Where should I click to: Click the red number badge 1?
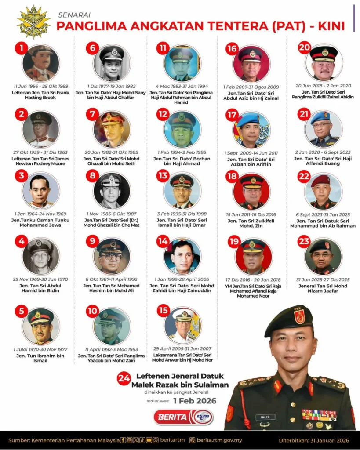click(21, 48)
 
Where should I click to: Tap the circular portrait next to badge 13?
click(182, 190)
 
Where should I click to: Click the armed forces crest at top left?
click(33, 22)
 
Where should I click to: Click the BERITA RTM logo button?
click(183, 417)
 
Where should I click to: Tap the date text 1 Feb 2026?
click(194, 401)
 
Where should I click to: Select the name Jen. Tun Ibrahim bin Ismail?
click(40, 359)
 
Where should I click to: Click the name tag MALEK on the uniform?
click(265, 417)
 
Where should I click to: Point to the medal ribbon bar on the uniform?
click(319, 415)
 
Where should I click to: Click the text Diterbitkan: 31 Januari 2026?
click(313, 440)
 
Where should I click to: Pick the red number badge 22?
click(304, 178)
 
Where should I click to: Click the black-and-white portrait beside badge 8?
click(112, 190)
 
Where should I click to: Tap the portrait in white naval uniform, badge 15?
click(182, 326)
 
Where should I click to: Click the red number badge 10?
click(92, 312)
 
